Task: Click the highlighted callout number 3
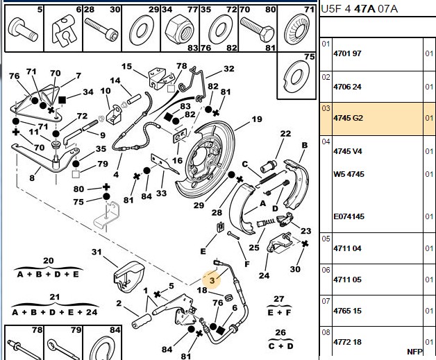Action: [x=212, y=280]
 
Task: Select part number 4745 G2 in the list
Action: [x=348, y=118]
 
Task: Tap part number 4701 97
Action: [x=347, y=53]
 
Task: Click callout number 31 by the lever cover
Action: [x=97, y=252]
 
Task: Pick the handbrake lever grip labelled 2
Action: [x=142, y=321]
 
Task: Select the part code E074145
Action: [x=349, y=216]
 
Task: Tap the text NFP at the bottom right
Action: [x=414, y=352]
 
